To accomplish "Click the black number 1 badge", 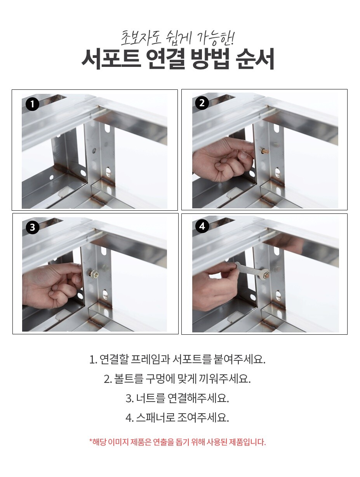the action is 32,104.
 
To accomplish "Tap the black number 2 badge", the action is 202,103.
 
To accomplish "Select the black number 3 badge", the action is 32,227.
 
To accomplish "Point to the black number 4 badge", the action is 202,226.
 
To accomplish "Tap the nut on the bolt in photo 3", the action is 94,273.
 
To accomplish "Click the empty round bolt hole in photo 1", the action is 94,150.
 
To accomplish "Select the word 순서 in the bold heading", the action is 255,59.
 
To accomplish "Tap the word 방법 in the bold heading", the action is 209,59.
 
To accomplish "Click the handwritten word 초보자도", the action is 141,38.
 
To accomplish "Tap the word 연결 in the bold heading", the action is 165,59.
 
